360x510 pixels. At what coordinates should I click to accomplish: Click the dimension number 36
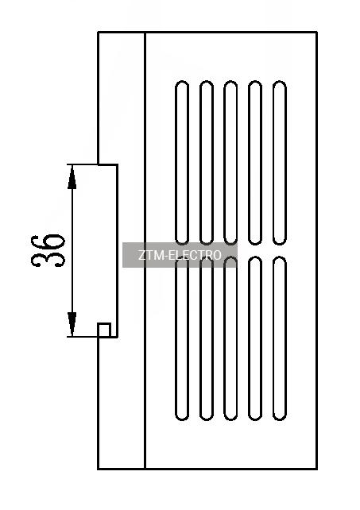tap(48, 250)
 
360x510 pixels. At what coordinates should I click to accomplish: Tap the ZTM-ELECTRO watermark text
tap(180, 255)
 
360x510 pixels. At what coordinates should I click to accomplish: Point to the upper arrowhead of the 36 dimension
tap(72, 176)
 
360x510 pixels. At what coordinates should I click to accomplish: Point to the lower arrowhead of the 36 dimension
tap(72, 324)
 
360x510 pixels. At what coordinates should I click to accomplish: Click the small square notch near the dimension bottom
tap(104, 330)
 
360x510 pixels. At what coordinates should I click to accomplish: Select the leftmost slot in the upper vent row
tap(182, 162)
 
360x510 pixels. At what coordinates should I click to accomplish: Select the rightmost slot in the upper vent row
tap(280, 162)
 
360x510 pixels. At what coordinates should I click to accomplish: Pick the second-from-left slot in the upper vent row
tap(207, 162)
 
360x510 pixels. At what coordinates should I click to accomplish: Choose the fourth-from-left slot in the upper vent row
tap(255, 162)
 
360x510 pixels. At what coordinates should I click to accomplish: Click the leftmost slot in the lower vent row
tap(182, 338)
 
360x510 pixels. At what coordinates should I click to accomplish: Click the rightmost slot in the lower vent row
tap(280, 338)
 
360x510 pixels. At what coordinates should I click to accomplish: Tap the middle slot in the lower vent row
tap(230, 338)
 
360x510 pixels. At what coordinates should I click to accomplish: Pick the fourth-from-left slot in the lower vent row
tap(255, 338)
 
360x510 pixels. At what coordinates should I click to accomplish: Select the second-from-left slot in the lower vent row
tap(207, 338)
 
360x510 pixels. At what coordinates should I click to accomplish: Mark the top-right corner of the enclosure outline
tap(317, 32)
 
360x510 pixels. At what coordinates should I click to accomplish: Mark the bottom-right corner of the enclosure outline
tap(317, 469)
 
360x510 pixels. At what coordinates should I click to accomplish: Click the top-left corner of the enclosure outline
tap(99, 32)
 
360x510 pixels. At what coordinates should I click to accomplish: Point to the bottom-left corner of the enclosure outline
tap(99, 469)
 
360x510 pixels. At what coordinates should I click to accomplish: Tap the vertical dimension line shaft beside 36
tap(72, 250)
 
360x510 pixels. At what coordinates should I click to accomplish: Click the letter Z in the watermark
tap(141, 255)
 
